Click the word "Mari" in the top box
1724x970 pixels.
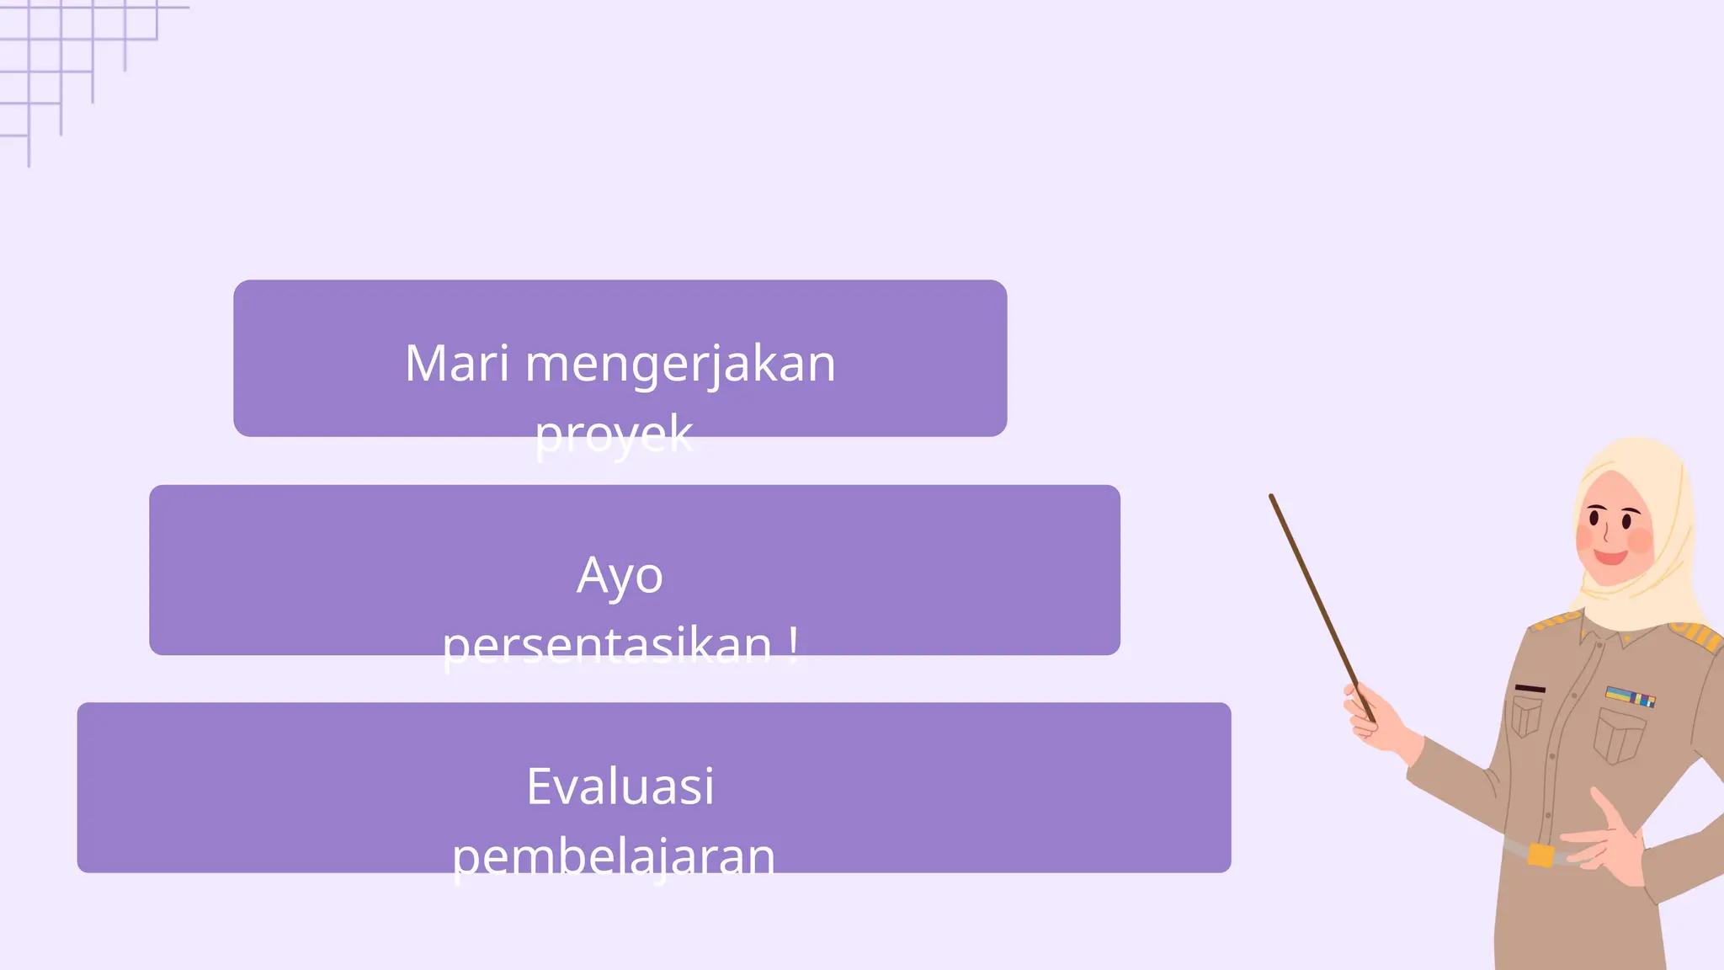456,364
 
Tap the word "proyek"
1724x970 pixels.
614,434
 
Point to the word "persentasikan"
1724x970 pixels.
606,646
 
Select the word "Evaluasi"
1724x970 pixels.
620,786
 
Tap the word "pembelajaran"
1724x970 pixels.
613,856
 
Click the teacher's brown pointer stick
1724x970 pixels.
1313,589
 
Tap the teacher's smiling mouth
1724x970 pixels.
1610,557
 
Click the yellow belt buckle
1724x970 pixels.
1540,855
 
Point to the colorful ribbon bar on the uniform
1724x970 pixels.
1630,696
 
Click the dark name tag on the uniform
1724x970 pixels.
1530,689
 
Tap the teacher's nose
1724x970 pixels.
1605,533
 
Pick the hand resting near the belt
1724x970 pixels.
1608,842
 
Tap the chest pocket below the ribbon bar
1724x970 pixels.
1619,735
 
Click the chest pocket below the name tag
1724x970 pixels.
1526,718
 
